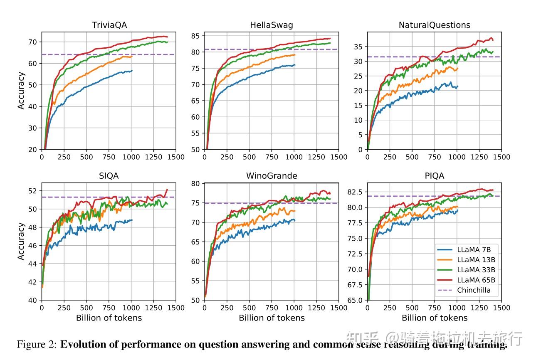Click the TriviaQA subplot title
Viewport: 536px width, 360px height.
click(x=109, y=25)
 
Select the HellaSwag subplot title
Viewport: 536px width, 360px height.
click(x=271, y=25)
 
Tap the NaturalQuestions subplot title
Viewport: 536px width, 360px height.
click(x=434, y=25)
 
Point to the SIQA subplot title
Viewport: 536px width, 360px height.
click(x=109, y=176)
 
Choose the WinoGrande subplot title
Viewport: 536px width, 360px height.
click(x=272, y=176)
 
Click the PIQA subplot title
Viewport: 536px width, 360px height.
click(x=434, y=176)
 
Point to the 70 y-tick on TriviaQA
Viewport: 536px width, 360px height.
click(x=32, y=42)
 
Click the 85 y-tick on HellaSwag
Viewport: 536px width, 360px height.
click(x=195, y=36)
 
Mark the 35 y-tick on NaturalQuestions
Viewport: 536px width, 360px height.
click(x=358, y=47)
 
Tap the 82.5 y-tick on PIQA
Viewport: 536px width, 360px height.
click(x=355, y=192)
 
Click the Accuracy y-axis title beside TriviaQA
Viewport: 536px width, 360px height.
click(x=21, y=91)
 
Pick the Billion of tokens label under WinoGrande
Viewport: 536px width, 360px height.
click(x=272, y=318)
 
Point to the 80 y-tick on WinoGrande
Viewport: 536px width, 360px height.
click(x=195, y=184)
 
